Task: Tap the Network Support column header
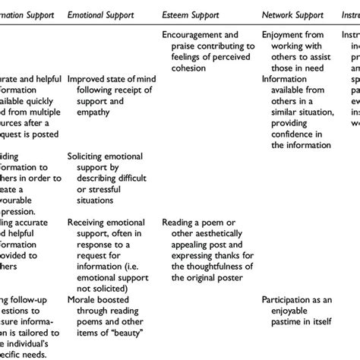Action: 292,14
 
